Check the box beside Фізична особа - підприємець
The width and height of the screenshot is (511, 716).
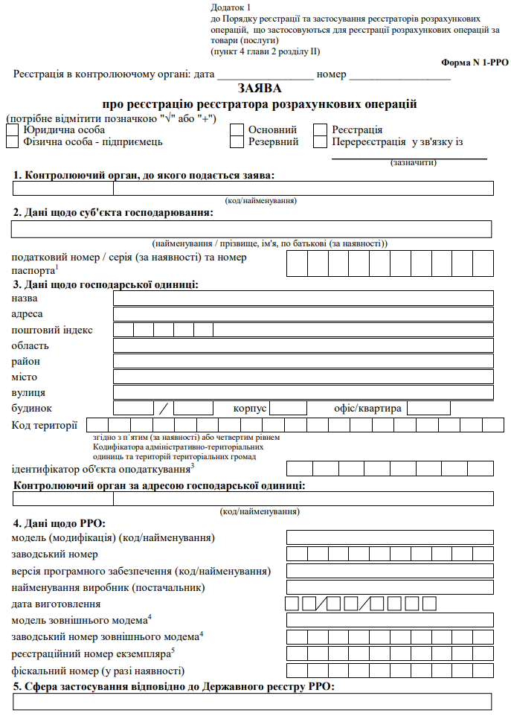point(12,142)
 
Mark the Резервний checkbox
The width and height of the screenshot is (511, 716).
point(237,142)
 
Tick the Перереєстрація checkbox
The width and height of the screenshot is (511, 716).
point(320,142)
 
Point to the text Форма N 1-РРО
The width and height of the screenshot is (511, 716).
point(475,63)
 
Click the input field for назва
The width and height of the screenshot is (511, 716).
point(303,298)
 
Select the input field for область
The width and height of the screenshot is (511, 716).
point(303,345)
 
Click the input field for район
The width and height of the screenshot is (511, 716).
point(303,361)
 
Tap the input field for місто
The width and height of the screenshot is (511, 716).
point(303,377)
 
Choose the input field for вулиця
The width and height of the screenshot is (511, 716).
point(303,392)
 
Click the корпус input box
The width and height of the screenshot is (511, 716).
point(288,408)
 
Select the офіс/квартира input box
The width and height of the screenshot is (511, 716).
point(428,408)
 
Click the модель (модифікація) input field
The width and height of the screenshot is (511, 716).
point(390,537)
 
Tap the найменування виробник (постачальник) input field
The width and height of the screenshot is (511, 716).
point(390,587)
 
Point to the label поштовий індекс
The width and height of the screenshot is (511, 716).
point(53,330)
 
